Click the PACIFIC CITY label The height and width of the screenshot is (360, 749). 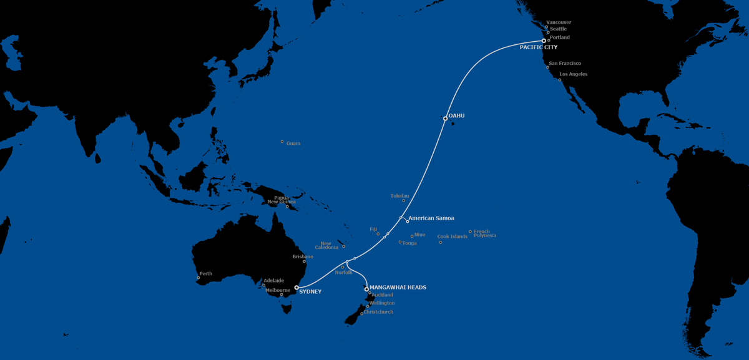(539, 47)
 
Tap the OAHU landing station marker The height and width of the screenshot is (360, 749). (445, 118)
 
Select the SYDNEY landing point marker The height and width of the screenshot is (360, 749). (296, 288)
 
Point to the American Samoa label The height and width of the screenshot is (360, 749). (431, 218)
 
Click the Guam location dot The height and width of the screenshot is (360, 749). (281, 142)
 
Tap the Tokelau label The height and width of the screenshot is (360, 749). (399, 196)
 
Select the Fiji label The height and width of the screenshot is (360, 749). (373, 229)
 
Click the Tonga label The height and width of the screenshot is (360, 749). (409, 243)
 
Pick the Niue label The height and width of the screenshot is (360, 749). (419, 235)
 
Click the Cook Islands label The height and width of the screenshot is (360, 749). (453, 236)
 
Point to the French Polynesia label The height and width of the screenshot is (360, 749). (485, 233)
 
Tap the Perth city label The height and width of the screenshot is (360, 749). (205, 274)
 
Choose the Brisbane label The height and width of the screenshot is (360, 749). (303, 256)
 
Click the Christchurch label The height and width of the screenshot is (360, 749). (379, 311)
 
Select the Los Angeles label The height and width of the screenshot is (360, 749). (574, 74)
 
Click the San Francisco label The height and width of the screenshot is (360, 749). (565, 63)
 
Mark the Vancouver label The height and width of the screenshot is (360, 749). (559, 22)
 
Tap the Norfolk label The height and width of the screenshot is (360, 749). (343, 273)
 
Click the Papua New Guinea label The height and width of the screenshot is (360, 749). (281, 200)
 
